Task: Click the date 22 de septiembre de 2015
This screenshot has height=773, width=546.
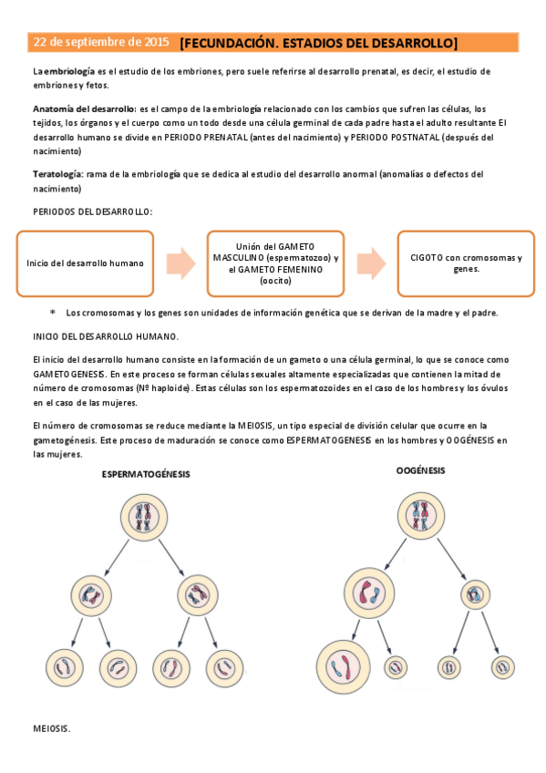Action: [x=101, y=43]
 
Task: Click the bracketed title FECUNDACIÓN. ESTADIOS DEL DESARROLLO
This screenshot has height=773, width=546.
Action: [x=318, y=43]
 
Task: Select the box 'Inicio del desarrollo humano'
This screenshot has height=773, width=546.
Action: [x=85, y=263]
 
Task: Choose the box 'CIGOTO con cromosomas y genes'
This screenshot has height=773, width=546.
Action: [x=466, y=263]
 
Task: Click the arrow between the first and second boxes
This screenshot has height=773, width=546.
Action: [x=182, y=263]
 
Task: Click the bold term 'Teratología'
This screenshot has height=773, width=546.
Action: [x=58, y=173]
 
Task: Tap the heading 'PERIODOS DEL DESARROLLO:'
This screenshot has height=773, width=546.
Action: [x=93, y=211]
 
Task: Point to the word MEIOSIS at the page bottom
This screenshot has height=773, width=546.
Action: [x=52, y=729]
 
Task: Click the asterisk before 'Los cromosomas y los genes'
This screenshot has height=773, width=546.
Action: [x=52, y=313]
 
